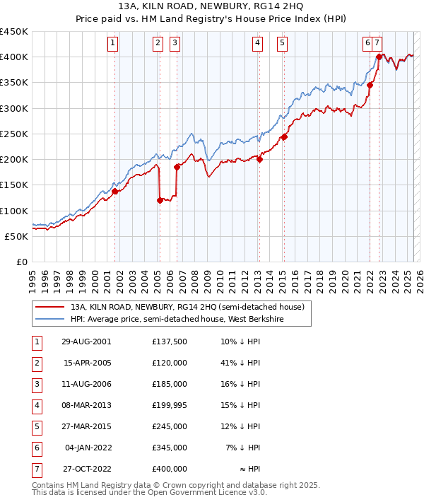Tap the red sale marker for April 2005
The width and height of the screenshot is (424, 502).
click(160, 200)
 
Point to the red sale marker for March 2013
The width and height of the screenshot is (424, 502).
click(259, 159)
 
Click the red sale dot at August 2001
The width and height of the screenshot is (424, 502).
click(114, 191)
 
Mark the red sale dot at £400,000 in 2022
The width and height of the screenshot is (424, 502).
click(379, 57)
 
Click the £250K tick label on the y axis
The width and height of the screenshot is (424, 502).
click(13, 134)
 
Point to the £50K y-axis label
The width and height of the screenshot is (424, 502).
click(16, 236)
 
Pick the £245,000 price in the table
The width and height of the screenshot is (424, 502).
click(170, 426)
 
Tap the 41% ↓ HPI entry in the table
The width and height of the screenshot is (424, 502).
click(240, 363)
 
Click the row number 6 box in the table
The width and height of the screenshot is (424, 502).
click(36, 448)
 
